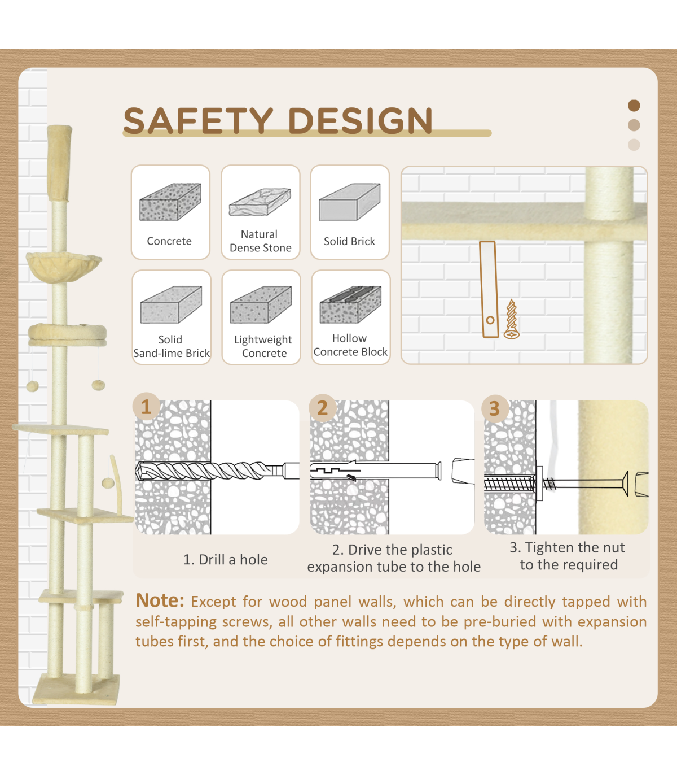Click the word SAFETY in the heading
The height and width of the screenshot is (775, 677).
198,120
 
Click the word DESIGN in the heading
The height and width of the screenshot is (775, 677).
360,120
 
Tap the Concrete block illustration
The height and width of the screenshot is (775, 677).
170,202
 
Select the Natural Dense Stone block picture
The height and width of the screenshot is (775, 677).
260,202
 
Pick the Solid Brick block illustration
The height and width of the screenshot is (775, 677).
349,202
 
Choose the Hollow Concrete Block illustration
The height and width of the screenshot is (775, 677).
350,304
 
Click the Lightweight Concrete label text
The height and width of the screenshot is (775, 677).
263,346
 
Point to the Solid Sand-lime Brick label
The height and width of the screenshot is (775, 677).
172,346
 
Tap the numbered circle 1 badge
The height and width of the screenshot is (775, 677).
146,407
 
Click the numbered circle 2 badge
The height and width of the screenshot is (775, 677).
322,408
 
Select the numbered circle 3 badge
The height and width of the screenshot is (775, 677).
495,409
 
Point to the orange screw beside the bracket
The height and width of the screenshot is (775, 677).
511,319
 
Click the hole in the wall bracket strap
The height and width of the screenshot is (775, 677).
490,320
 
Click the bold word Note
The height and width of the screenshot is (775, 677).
160,600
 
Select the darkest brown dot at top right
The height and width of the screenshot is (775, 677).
634,105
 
